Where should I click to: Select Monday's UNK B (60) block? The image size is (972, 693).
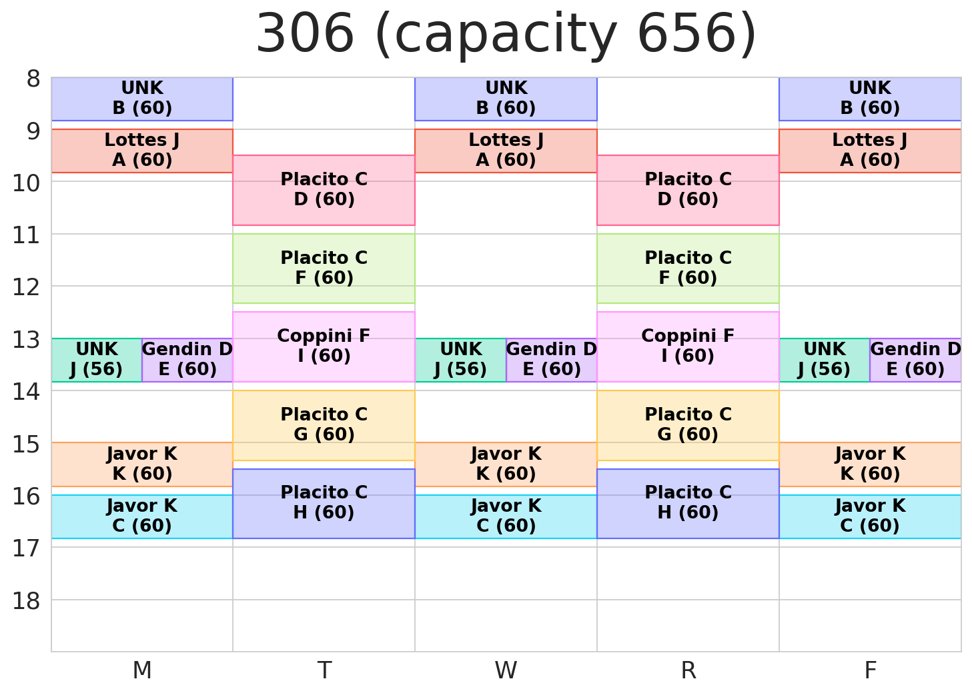[142, 99]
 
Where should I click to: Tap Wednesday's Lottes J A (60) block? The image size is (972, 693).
[506, 151]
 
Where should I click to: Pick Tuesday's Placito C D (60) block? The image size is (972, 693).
[324, 190]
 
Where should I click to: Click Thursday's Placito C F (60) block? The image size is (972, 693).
[688, 268]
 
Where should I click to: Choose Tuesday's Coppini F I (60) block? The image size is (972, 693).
[324, 346]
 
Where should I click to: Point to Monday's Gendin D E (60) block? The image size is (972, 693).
[187, 360]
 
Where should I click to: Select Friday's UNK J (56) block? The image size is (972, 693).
[824, 360]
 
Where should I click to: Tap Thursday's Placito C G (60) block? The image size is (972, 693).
[688, 424]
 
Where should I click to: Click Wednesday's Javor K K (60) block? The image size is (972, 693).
[506, 464]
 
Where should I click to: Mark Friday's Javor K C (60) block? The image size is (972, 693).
[870, 516]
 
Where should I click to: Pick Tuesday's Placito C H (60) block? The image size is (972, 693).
[324, 503]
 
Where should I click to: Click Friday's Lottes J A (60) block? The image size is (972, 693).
[870, 151]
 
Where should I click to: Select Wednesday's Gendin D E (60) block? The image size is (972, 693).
[552, 360]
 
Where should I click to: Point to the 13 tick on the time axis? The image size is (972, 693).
[26, 339]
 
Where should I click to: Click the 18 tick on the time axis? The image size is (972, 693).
[26, 600]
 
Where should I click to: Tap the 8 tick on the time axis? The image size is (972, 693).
[33, 79]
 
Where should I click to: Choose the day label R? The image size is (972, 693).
[688, 670]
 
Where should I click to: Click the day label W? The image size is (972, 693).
[506, 670]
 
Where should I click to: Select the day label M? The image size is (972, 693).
[142, 670]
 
